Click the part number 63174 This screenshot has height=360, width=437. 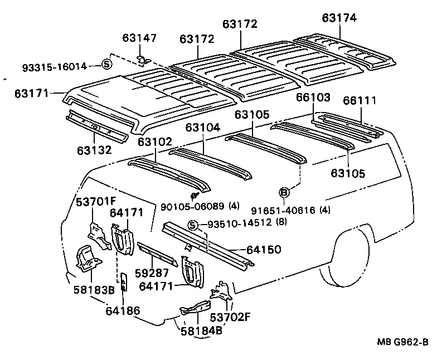click(x=339, y=18)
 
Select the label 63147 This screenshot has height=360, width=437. click(x=139, y=38)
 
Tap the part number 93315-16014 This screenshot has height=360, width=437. click(x=55, y=67)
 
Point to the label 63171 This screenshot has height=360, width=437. click(x=32, y=93)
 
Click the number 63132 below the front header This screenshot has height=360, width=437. click(x=94, y=150)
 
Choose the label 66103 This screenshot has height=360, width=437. click(x=313, y=97)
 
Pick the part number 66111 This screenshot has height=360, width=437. click(x=360, y=100)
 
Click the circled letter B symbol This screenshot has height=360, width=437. click(x=284, y=192)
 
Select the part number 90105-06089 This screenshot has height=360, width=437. click(x=192, y=206)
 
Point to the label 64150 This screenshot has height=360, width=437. click(x=264, y=250)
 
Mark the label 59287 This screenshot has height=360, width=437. click(x=152, y=273)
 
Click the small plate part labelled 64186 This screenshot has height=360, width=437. click(x=124, y=281)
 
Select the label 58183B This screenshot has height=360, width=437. click(x=94, y=290)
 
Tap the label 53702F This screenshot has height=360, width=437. click(x=230, y=317)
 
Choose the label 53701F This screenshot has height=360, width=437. click(x=96, y=202)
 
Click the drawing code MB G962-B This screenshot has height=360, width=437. click(x=402, y=342)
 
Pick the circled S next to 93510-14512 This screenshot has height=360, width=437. click(x=193, y=225)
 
